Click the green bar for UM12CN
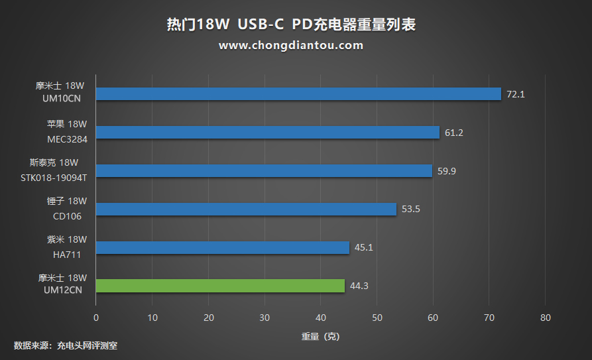220,286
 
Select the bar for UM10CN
298,94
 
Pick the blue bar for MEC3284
268,133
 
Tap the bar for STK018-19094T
264,171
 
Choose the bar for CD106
246,210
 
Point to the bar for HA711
223,247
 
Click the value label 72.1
515,94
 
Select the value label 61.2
454,133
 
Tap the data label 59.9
447,171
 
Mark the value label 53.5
411,210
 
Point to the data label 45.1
364,247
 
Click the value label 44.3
359,286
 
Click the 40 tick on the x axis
321,318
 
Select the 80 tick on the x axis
546,318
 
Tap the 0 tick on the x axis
96,318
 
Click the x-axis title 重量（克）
320,336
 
